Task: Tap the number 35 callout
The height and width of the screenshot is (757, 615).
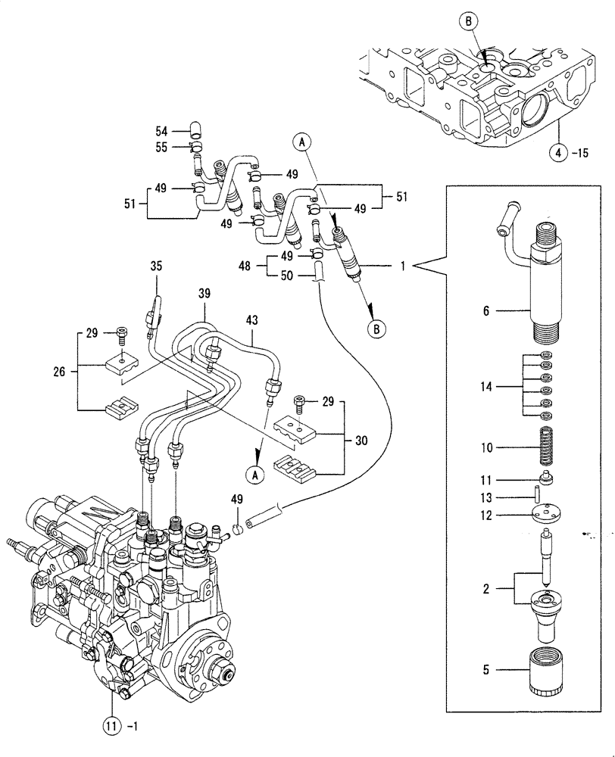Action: (x=156, y=266)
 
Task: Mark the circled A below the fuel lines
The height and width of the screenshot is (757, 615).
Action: (x=255, y=474)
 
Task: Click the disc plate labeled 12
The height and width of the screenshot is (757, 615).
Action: (x=543, y=515)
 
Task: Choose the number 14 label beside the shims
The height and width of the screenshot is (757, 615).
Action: (x=485, y=386)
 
